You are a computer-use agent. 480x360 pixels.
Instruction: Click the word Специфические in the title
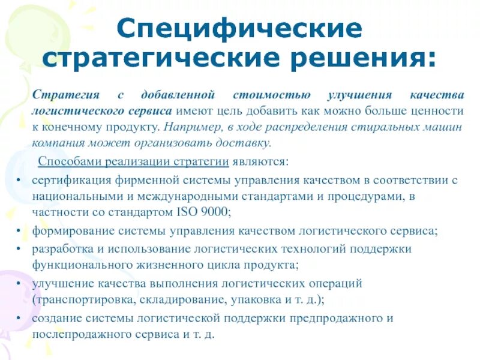pyautogui.click(x=239, y=28)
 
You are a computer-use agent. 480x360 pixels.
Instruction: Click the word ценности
pyautogui.click(x=442, y=112)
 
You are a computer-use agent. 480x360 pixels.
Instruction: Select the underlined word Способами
pyautogui.click(x=68, y=162)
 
